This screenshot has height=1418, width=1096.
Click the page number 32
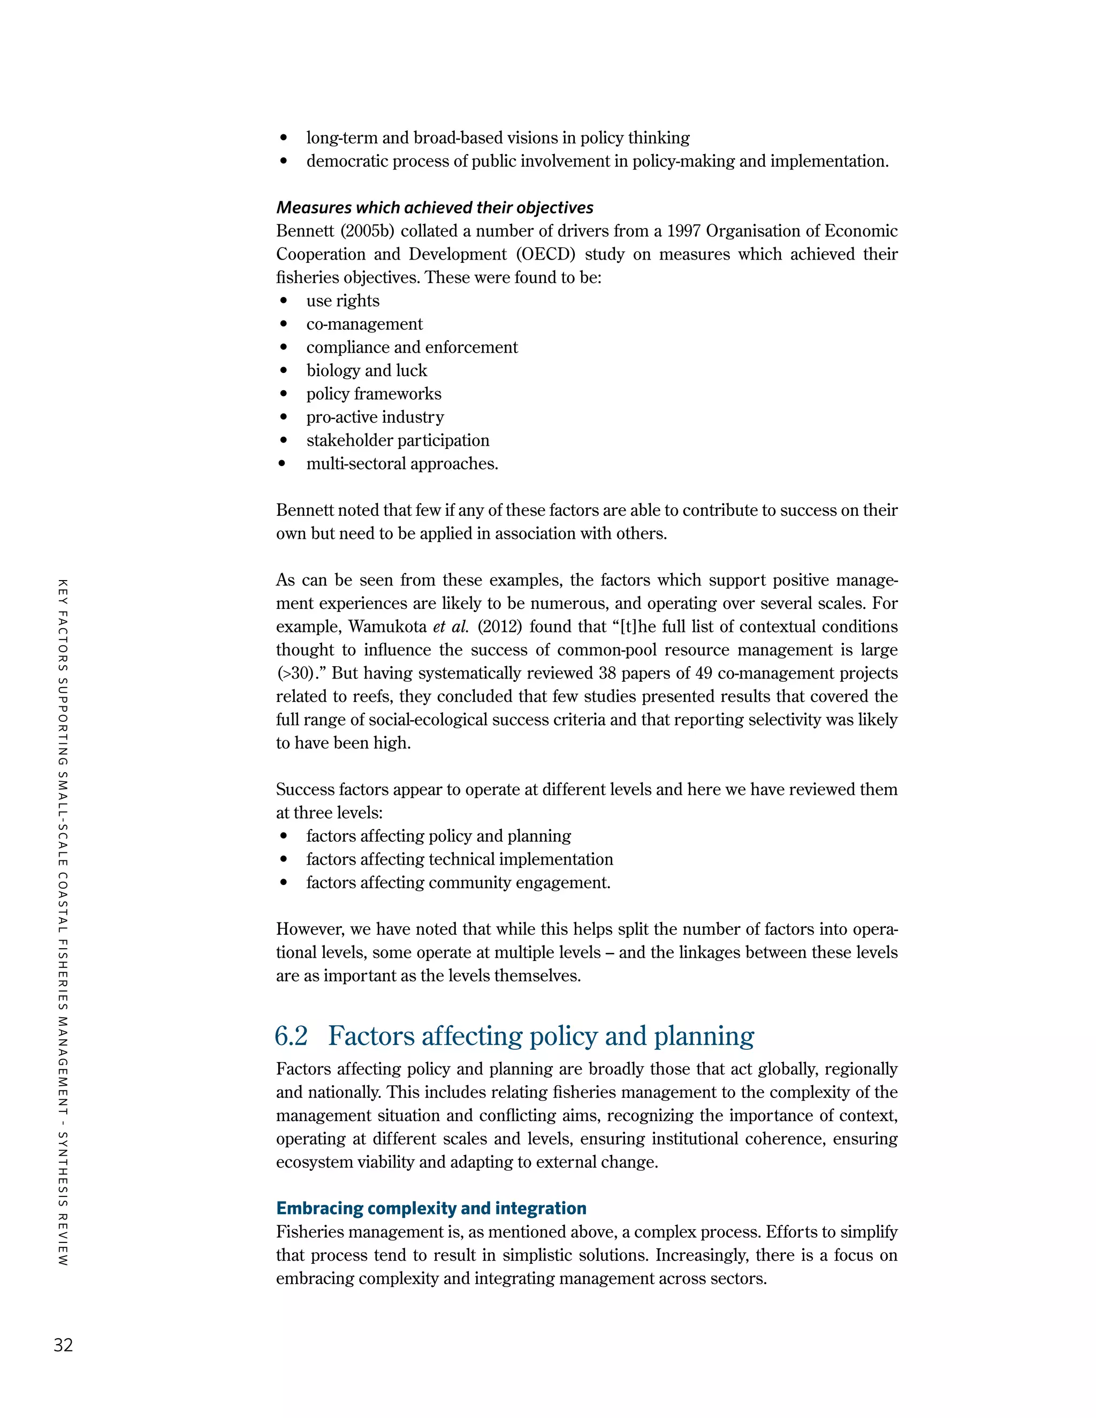pyautogui.click(x=63, y=1345)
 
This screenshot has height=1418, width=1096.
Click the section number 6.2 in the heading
pyautogui.click(x=291, y=1036)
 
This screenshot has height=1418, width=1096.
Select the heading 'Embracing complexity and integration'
pyautogui.click(x=431, y=1208)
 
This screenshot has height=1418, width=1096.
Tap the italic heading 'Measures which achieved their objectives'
pyautogui.click(x=435, y=208)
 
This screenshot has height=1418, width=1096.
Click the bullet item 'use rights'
pyautogui.click(x=343, y=301)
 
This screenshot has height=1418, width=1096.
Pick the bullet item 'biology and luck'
pyautogui.click(x=367, y=371)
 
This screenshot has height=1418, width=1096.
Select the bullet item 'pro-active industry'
pyautogui.click(x=375, y=417)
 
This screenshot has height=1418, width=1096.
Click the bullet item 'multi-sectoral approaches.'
pyautogui.click(x=402, y=463)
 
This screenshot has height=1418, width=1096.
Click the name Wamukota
pyautogui.click(x=386, y=627)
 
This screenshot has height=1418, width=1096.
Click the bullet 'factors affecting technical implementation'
pyautogui.click(x=460, y=860)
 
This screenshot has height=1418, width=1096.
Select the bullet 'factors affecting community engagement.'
pyautogui.click(x=459, y=883)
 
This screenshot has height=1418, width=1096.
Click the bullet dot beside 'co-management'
pyautogui.click(x=283, y=324)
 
